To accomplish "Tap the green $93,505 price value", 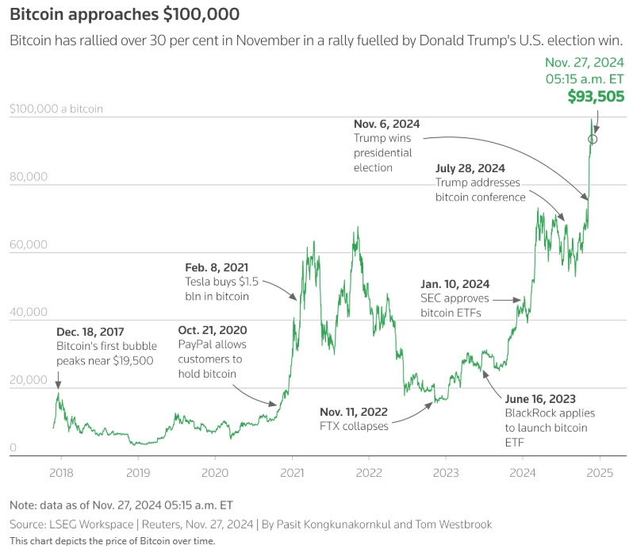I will click(596, 96).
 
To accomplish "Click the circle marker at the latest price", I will click(593, 139).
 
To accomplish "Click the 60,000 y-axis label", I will click(29, 246).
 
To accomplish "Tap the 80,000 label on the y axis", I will click(29, 178).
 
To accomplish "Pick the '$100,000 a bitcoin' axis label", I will click(57, 109).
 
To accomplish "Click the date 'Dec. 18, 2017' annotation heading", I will click(90, 332).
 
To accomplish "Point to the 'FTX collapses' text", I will click(355, 426).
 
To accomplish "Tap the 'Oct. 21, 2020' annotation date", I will click(213, 330).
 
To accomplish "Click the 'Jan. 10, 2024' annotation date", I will click(455, 284).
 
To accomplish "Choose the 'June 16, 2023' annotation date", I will click(540, 398).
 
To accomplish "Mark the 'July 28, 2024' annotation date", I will click(470, 168).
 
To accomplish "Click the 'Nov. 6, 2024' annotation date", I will click(386, 124).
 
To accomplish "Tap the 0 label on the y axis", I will click(13, 449).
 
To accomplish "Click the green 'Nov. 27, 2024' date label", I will click(585, 63).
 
